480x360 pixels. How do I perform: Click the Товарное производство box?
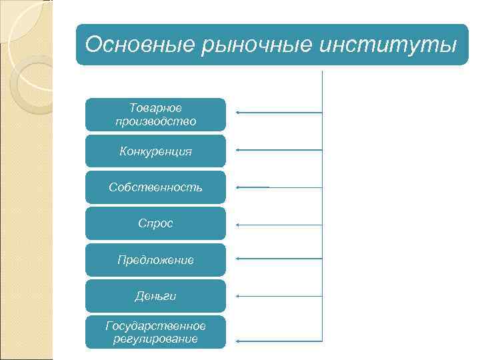click(x=155, y=115)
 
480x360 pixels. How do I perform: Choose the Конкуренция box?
click(x=155, y=151)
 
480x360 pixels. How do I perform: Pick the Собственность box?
click(x=155, y=187)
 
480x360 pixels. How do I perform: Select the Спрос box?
click(x=155, y=223)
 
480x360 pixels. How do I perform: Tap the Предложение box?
click(x=155, y=260)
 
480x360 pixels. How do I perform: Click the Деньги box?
click(x=155, y=296)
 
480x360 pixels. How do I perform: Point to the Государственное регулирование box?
click(x=155, y=332)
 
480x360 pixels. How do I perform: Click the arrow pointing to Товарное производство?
click(x=279, y=113)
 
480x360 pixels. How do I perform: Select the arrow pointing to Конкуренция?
click(x=279, y=150)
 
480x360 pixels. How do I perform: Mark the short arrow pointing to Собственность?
click(x=253, y=187)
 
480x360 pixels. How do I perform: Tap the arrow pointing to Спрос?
click(x=279, y=225)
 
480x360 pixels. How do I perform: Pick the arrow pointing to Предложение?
click(x=279, y=259)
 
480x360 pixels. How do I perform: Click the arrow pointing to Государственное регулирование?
click(x=279, y=341)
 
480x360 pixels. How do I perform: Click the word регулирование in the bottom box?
click(x=155, y=339)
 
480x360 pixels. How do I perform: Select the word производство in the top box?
click(x=155, y=121)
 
